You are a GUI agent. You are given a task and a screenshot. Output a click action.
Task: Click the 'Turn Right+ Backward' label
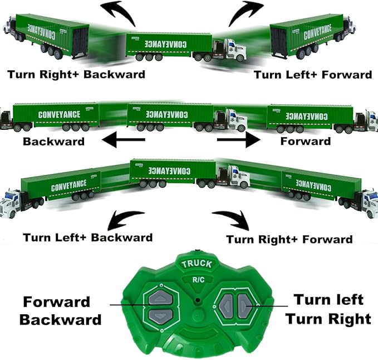coord(76,74)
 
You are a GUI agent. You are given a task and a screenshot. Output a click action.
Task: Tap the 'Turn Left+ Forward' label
coord(313,75)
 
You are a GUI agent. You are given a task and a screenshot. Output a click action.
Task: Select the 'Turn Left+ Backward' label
coord(87,237)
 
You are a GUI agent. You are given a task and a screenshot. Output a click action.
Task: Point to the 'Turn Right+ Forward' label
coord(289,240)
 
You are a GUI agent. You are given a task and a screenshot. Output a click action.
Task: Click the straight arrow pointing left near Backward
coord(127,140)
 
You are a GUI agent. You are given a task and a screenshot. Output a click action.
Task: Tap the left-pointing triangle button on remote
coord(227,305)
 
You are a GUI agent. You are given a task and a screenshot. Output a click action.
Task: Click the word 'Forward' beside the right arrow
coord(305,141)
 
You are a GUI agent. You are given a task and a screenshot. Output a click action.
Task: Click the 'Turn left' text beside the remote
coord(328,300)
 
